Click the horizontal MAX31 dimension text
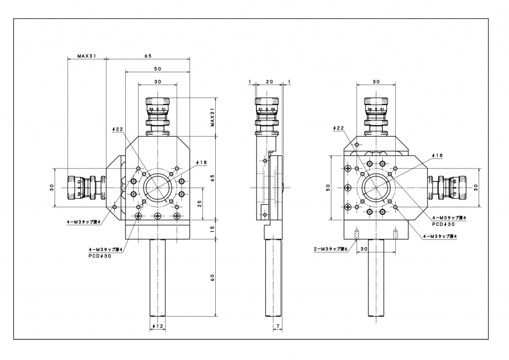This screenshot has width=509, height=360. pos(86,56)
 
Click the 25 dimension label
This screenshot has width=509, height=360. pos(200,203)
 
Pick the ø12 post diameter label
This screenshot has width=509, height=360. pos(158,326)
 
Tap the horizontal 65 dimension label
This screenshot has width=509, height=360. pos(148,56)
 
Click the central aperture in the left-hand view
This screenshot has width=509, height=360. pos(158,187)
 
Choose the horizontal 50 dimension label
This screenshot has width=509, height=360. pos(158,68)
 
